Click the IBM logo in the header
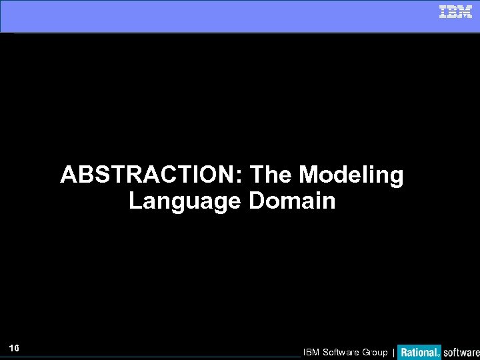coord(455,12)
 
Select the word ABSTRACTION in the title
coord(151,176)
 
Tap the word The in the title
coord(272,176)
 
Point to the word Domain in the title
coord(293,201)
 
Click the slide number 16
coord(14,349)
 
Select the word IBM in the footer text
coord(312,352)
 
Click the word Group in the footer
coord(375,352)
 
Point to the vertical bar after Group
coord(393,352)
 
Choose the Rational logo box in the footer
coord(419,351)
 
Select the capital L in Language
coord(134,201)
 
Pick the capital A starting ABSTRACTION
coord(68,176)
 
